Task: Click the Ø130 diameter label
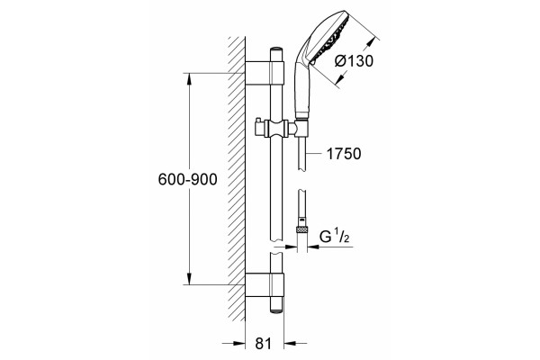[354, 61]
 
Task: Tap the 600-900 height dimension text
[188, 179]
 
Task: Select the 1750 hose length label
[344, 154]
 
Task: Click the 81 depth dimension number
[264, 344]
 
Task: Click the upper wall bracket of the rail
[265, 73]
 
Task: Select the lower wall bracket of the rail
[265, 285]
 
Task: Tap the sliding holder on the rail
[276, 129]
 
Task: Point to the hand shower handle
[302, 86]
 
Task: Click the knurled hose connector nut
[302, 230]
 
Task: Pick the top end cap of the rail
[276, 50]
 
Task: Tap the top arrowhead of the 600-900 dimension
[189, 79]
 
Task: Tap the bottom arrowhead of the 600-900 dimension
[189, 279]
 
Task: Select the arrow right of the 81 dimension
[295, 344]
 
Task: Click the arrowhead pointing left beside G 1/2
[314, 247]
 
